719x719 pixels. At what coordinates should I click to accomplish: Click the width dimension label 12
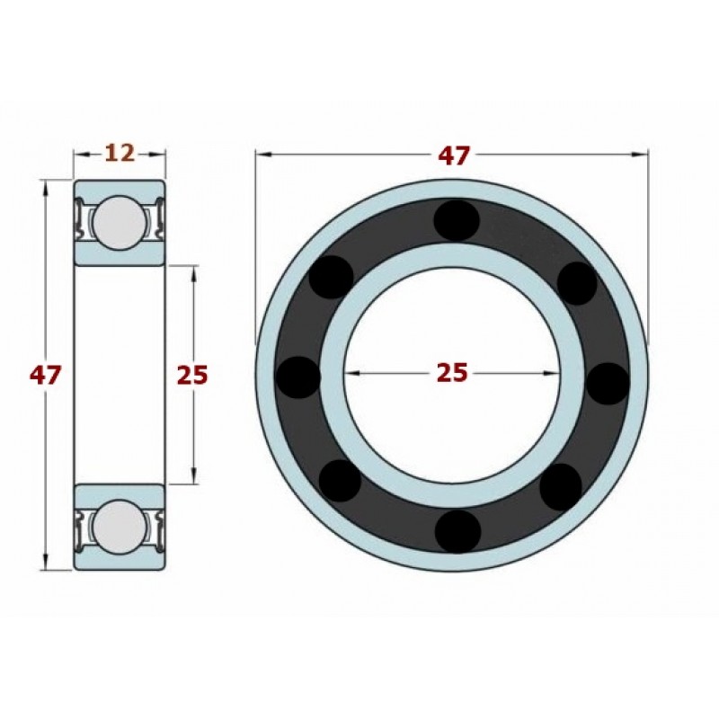(120, 153)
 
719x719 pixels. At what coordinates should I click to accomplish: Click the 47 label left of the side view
(45, 375)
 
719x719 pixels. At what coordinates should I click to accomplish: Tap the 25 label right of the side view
(192, 375)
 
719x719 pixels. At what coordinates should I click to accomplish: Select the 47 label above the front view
(454, 155)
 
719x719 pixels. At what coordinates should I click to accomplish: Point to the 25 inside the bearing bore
(452, 372)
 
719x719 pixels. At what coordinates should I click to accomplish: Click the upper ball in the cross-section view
(120, 222)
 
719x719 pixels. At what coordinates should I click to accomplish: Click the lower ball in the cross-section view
(120, 526)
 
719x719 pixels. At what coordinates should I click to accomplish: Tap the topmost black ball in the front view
(457, 220)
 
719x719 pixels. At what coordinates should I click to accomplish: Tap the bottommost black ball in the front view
(457, 531)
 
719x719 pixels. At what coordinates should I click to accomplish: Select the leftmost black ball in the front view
(297, 377)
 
